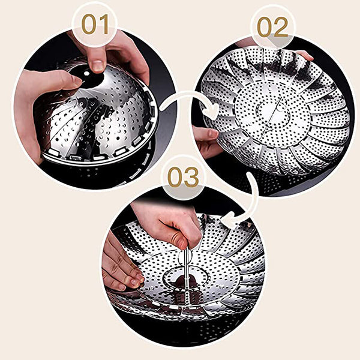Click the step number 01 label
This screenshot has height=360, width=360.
pyautogui.click(x=95, y=25)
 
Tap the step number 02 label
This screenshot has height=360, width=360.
pyautogui.click(x=272, y=27)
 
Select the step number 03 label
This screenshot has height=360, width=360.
pyautogui.click(x=183, y=177)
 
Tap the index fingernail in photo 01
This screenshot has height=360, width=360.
pyautogui.click(x=98, y=65)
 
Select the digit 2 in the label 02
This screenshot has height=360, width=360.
pyautogui.click(x=281, y=28)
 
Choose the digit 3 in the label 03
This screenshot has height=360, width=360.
pyautogui.click(x=191, y=177)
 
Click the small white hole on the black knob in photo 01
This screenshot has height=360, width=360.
pyautogui.click(x=86, y=73)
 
